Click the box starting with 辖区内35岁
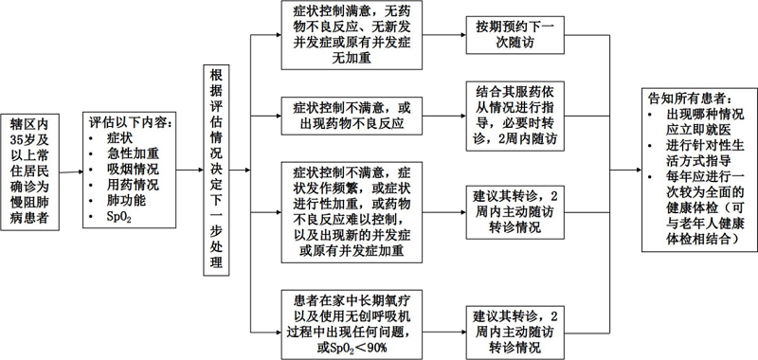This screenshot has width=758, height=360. [34, 172]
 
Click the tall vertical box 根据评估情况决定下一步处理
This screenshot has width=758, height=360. [218, 171]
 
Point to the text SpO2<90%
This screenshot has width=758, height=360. [352, 348]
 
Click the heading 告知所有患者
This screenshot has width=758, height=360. [689, 98]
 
